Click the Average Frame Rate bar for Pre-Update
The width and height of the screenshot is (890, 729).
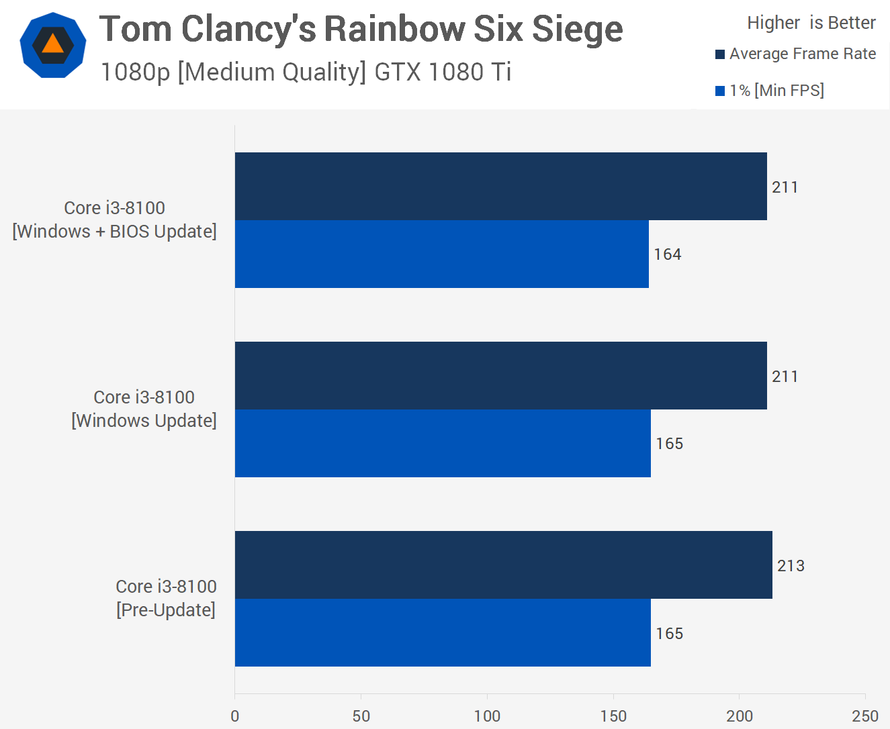[503, 565]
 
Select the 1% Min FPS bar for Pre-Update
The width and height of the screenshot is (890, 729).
[443, 632]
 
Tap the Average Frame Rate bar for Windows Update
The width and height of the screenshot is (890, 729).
[500, 375]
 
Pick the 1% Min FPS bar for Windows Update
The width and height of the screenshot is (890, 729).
[443, 443]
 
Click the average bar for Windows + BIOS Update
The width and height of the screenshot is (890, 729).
[500, 186]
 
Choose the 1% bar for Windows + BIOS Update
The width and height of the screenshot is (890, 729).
[441, 254]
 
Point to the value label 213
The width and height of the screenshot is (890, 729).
[791, 566]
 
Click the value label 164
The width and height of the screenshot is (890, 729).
[667, 254]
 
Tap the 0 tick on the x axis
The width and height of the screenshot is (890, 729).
[234, 716]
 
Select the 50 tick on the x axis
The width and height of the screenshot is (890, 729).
[361, 716]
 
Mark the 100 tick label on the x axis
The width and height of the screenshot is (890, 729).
[487, 716]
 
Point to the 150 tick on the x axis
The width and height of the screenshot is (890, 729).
[613, 716]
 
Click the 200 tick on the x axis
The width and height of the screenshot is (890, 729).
[739, 716]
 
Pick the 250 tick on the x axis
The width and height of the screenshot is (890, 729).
[865, 716]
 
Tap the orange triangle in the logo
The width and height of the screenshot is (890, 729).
[52, 44]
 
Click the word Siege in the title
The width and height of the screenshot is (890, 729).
[577, 30]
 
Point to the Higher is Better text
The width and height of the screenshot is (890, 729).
[811, 23]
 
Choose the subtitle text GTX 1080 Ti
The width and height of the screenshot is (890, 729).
[443, 72]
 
